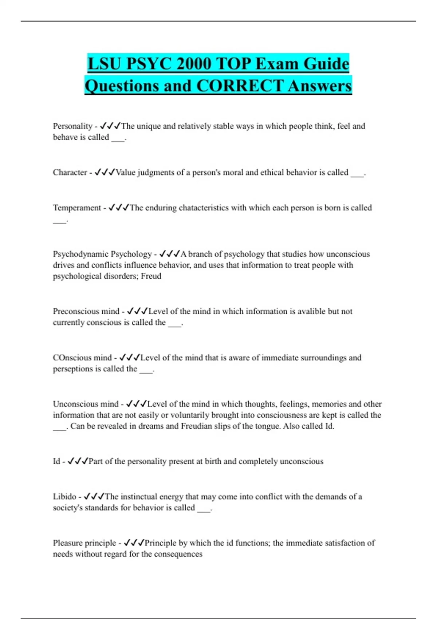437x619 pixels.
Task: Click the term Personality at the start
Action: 72,126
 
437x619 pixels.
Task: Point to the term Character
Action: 70,173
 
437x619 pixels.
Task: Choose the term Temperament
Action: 77,208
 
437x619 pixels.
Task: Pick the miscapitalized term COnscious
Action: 71,358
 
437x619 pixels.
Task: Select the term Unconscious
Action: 76,404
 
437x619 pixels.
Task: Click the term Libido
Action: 64,497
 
